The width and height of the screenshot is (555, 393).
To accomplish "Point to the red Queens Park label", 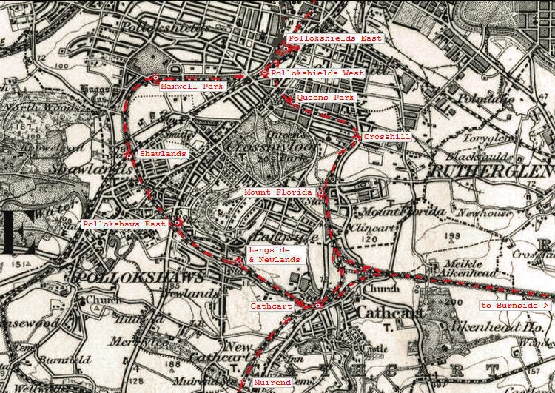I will [x=325, y=97].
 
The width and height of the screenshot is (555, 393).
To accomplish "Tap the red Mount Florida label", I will [x=279, y=192].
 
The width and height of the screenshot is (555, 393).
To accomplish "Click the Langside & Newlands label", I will [x=275, y=255].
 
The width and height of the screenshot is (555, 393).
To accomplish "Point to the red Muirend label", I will [x=272, y=383].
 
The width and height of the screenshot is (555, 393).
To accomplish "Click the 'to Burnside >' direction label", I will [x=515, y=305].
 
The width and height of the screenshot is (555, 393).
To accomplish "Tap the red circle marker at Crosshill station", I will [x=357, y=138].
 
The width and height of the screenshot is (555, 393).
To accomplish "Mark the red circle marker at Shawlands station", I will [x=129, y=155].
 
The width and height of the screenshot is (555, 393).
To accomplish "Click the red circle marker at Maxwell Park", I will [x=155, y=77].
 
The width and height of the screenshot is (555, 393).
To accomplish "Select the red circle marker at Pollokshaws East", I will [x=178, y=222].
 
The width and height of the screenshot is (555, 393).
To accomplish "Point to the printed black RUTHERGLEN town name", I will [x=491, y=172].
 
